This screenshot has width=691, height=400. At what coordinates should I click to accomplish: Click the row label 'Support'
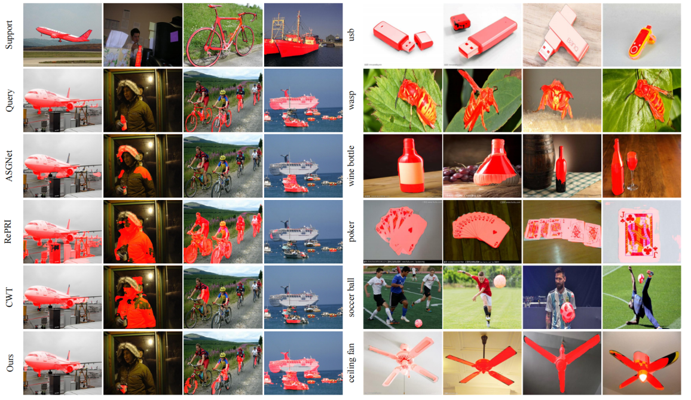coord(9,35)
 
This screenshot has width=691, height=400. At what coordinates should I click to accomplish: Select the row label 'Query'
coord(9,100)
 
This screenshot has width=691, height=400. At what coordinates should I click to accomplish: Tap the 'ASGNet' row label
coord(9,166)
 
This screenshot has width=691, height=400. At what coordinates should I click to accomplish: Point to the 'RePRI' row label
coord(9,232)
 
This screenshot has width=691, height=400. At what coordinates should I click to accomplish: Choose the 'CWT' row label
coord(9,297)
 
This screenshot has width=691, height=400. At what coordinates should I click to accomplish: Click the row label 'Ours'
coord(9,362)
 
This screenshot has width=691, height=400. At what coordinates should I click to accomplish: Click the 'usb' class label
coord(351,35)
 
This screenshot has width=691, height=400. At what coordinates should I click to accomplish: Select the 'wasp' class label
coord(351,100)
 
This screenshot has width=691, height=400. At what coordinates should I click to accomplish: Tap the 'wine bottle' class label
coord(351,165)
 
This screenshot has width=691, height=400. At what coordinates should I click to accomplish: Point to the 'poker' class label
coord(351,232)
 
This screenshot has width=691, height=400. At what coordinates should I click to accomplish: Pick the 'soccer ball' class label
coord(351,297)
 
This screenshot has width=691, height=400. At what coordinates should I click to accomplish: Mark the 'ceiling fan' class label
coord(351,362)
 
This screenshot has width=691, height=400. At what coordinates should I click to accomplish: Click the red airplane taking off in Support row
coord(63,34)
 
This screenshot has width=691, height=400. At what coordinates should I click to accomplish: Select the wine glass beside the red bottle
coord(631,170)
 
